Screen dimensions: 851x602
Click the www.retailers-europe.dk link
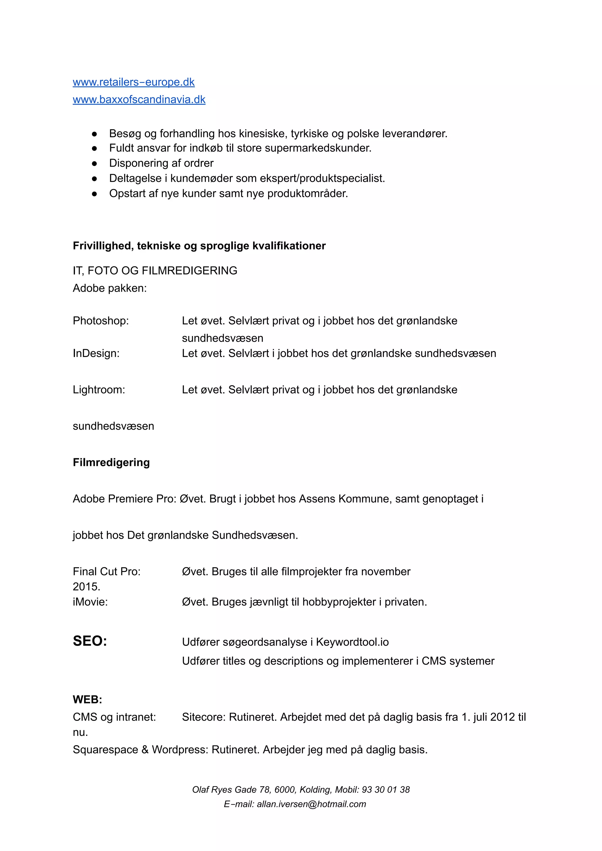133,82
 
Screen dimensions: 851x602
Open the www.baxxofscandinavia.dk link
139,99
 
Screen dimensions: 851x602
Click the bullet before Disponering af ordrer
94,163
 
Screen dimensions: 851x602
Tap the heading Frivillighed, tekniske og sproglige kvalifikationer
199,246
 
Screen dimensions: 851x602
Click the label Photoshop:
101,320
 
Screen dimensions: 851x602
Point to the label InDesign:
96,353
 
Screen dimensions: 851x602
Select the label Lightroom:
99,390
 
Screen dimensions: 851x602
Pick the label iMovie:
90,602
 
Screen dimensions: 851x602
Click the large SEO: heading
90,641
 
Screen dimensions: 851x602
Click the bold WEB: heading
87,699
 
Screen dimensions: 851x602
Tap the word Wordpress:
180,749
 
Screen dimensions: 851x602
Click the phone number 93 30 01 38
386,790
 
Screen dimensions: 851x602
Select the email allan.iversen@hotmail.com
311,804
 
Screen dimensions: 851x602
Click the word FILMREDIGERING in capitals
190,271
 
